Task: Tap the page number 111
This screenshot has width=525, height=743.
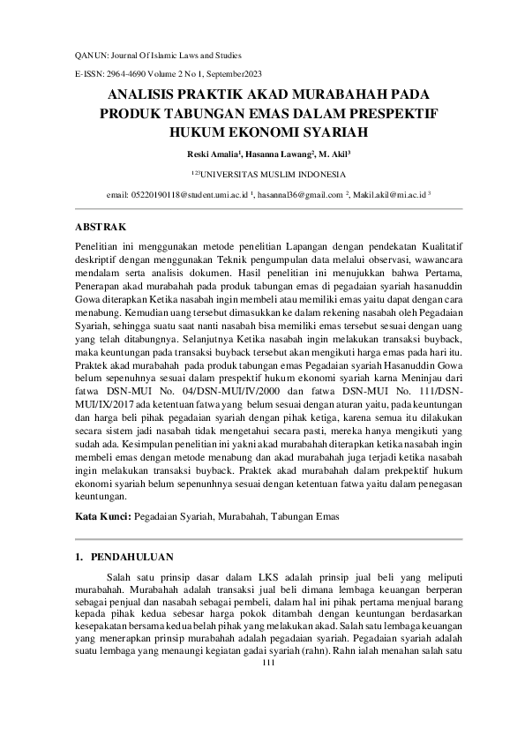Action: click(x=270, y=664)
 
